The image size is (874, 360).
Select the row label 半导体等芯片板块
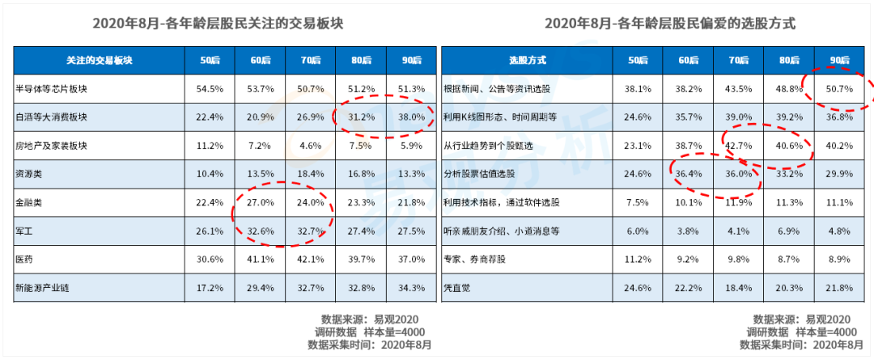coord(45,89)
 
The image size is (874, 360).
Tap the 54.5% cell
coord(210,89)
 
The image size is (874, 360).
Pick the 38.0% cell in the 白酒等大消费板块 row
coord(412,117)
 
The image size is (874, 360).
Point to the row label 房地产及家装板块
coord(45,146)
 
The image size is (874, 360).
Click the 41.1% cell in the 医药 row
coord(261,260)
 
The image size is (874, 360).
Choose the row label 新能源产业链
coord(42,288)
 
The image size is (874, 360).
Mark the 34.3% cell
coord(412,288)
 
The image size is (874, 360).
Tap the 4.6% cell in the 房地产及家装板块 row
coord(311,146)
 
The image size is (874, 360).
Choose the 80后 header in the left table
coord(361,60)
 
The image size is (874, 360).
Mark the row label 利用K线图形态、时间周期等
coord(492,117)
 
